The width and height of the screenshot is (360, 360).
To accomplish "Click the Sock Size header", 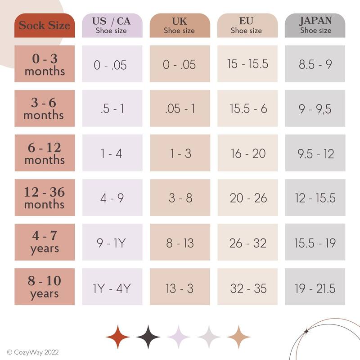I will [45, 25].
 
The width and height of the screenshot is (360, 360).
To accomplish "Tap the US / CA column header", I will [112, 25].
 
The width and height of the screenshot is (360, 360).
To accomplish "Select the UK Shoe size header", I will [180, 25].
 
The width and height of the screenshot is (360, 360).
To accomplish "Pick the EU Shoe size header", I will [247, 25].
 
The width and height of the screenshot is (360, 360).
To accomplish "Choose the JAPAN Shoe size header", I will [315, 25].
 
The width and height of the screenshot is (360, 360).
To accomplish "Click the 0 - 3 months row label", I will [45, 64].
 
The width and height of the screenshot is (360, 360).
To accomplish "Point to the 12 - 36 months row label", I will [45, 198].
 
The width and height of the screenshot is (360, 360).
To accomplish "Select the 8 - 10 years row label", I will [45, 287].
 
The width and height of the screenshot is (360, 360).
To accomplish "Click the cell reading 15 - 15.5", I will [247, 64].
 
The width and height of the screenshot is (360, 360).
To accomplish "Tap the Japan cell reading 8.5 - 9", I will [315, 64].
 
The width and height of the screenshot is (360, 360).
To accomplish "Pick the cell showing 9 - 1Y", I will [112, 243].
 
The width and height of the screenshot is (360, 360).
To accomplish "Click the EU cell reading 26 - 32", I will [247, 243].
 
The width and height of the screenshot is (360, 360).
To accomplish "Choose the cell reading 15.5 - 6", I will [247, 108].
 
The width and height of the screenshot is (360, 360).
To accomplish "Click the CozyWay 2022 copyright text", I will [33, 352].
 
